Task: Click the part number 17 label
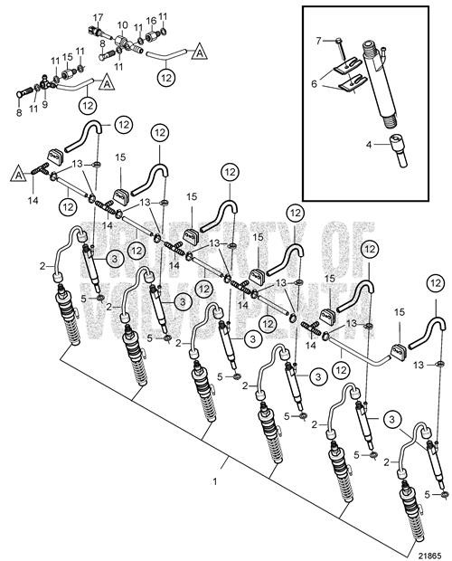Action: coord(99,17)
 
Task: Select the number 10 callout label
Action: coord(123,25)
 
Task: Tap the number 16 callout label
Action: coord(151,18)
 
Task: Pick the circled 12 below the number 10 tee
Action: coord(165,79)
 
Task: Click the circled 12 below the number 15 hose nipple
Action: coord(89,105)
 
